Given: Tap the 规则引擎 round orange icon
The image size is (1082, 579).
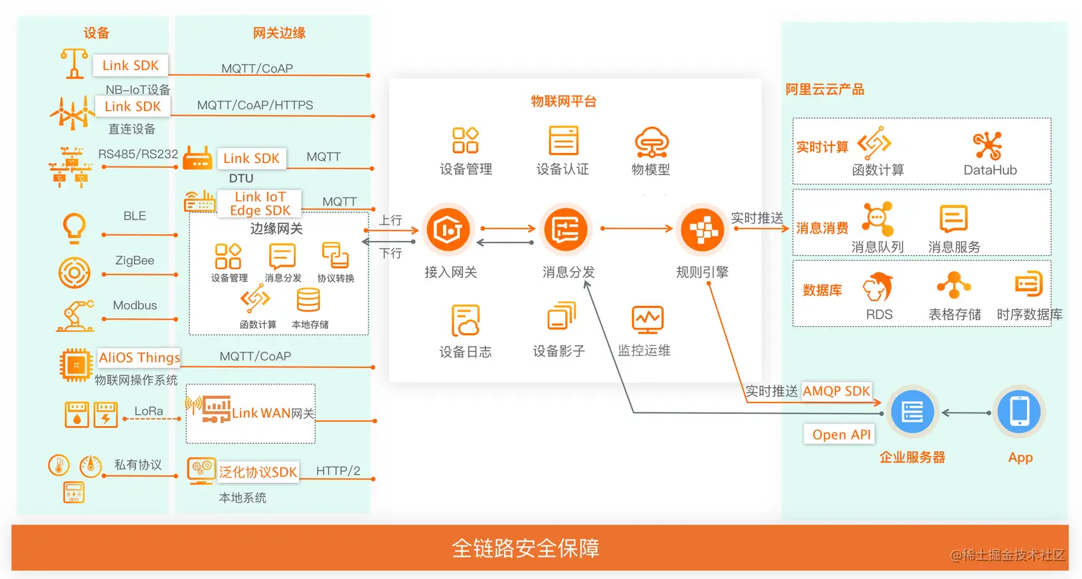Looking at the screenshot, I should [x=701, y=229].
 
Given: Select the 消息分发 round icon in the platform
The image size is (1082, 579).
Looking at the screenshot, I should [x=566, y=229].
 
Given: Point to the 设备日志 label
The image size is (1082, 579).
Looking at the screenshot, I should [x=465, y=352].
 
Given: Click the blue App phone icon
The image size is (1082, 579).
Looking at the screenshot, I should [x=1018, y=412].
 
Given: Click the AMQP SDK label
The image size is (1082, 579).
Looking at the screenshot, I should [x=837, y=390].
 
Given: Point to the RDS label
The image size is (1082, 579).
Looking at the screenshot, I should [x=879, y=314].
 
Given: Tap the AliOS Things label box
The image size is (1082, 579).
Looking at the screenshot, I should [x=140, y=357].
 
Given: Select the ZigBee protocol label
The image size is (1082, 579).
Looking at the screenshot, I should [x=135, y=261].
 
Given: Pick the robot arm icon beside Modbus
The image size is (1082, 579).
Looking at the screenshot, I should [x=75, y=315].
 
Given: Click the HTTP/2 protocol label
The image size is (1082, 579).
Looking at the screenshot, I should [x=338, y=470].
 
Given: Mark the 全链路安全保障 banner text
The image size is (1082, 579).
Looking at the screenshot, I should [x=526, y=548].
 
